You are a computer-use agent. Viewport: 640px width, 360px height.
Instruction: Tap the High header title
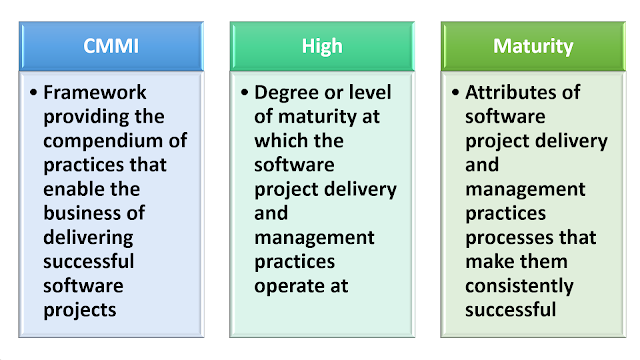(x=322, y=46)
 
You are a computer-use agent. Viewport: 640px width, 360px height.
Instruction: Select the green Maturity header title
(x=532, y=46)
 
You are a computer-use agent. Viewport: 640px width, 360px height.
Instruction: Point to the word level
(x=370, y=93)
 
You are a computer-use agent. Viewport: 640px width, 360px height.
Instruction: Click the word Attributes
(x=516, y=93)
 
